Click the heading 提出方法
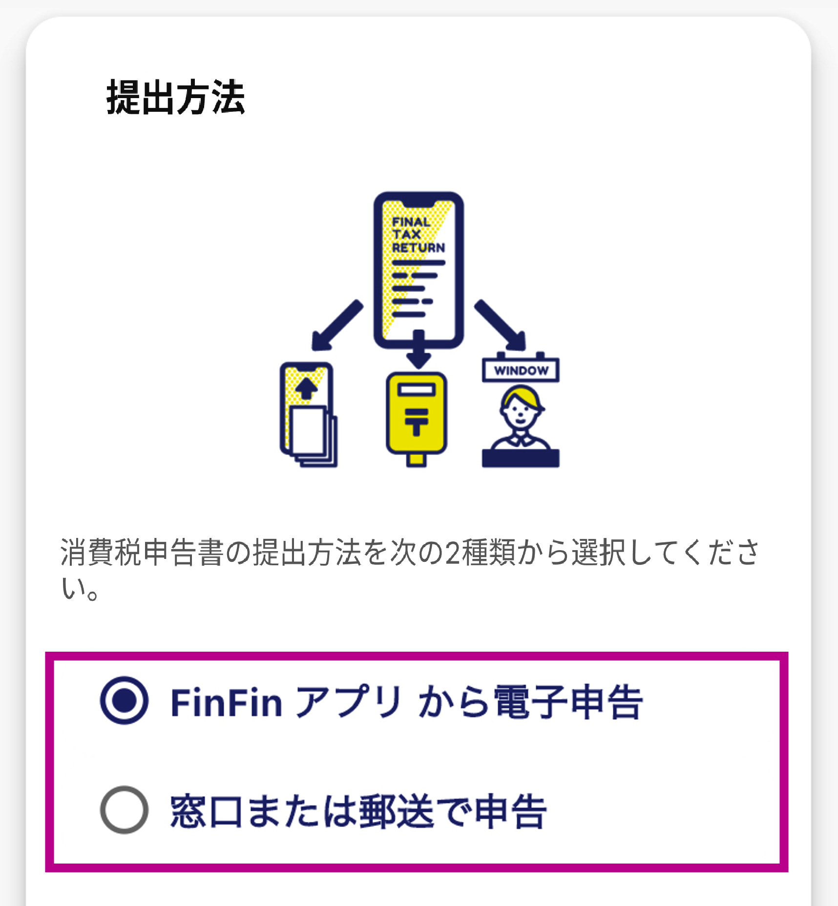point(176,97)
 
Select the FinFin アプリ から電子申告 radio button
point(124,700)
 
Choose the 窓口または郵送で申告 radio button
point(124,810)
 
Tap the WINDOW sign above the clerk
point(521,370)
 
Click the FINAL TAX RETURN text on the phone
point(418,235)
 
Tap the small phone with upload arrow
point(308,414)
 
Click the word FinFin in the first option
point(227,702)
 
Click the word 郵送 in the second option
point(397,811)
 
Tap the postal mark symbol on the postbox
point(417,420)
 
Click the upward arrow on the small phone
point(306,389)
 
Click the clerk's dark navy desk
point(521,458)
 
